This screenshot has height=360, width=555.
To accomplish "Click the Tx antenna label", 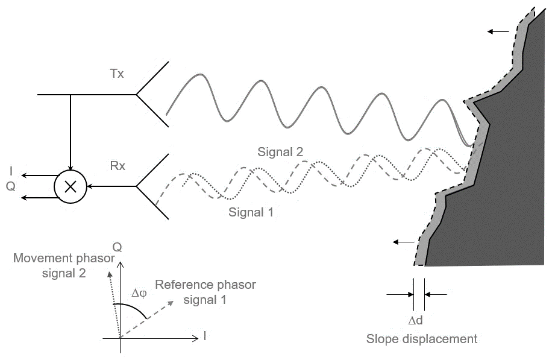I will point(117,74).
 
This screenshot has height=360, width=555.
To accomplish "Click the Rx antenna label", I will point(118,165).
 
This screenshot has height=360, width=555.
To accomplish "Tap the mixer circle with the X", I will point(71,186).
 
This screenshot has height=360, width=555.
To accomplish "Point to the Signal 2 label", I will point(280,151).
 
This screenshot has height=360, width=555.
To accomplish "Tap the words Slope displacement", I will point(422,339).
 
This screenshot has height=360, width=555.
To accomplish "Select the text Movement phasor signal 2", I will point(64,265).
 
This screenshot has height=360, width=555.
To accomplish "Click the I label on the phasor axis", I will point(205,336).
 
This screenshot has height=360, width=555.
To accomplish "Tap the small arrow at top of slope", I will point(497,31).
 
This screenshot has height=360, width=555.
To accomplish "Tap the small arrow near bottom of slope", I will point(404,242).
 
